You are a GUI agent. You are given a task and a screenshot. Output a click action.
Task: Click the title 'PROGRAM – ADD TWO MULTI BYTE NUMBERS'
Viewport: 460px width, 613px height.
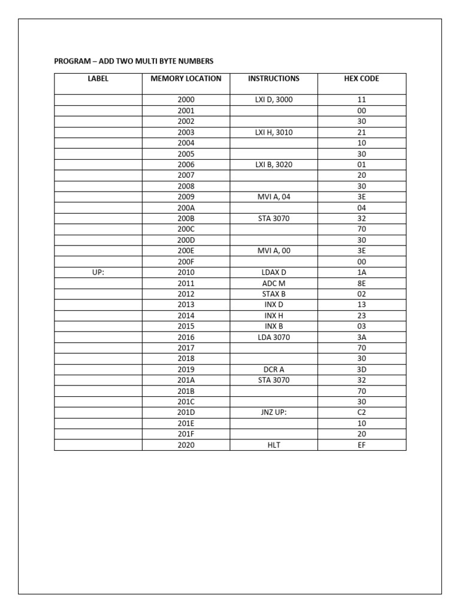(134, 61)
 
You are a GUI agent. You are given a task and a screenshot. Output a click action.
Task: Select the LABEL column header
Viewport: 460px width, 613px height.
(98, 78)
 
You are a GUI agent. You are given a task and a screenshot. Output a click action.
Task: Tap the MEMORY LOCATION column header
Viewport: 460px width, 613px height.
(186, 78)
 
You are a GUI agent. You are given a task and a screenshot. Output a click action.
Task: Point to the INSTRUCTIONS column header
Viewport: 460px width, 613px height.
(274, 78)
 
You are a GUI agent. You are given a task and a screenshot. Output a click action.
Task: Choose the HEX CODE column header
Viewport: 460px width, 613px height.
(361, 78)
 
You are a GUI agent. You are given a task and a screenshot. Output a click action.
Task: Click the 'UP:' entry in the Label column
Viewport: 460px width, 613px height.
(98, 272)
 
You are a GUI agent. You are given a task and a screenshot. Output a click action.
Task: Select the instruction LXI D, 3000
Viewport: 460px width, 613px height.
(274, 100)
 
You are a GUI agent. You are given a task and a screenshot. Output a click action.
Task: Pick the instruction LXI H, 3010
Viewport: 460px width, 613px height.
(274, 132)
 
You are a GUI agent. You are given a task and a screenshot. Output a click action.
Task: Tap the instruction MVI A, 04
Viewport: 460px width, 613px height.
(274, 197)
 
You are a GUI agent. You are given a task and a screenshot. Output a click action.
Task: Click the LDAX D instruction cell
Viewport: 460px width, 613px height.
(274, 272)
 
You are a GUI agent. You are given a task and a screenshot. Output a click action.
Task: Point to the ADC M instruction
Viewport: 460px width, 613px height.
(274, 283)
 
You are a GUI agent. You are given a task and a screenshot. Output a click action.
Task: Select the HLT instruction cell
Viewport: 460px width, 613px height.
(274, 445)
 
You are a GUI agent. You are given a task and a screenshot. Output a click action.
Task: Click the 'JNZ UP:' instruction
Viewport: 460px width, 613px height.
(274, 412)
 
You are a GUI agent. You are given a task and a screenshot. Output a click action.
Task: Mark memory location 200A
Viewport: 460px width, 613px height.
(186, 208)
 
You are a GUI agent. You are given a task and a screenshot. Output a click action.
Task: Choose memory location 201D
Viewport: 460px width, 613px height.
(186, 412)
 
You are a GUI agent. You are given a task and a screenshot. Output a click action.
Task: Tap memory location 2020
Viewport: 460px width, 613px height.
(186, 445)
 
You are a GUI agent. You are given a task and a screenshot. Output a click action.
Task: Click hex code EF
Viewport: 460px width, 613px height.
(361, 445)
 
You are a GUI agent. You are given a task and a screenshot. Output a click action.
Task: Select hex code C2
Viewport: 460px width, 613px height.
(361, 412)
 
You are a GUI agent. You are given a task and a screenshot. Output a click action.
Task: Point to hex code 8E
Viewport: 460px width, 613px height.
(361, 283)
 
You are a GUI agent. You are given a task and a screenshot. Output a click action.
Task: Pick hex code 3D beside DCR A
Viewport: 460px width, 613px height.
(361, 369)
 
